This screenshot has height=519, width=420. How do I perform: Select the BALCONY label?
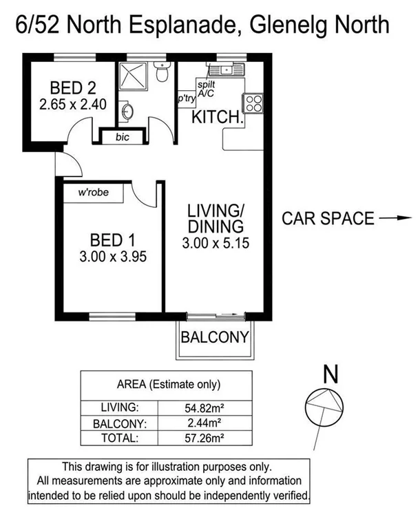[213, 337]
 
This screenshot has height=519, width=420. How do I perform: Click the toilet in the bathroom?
[161, 72]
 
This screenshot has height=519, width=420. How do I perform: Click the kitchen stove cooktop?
[252, 103]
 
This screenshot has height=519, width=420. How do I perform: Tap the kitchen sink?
[227, 70]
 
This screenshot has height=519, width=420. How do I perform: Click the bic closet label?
[123, 137]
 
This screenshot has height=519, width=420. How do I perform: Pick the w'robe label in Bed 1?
[94, 193]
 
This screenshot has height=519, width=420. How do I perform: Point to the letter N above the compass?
[330, 375]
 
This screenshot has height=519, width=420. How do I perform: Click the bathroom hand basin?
[126, 111]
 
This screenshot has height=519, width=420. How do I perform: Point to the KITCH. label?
[217, 117]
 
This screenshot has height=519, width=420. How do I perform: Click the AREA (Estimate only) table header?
[169, 384]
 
